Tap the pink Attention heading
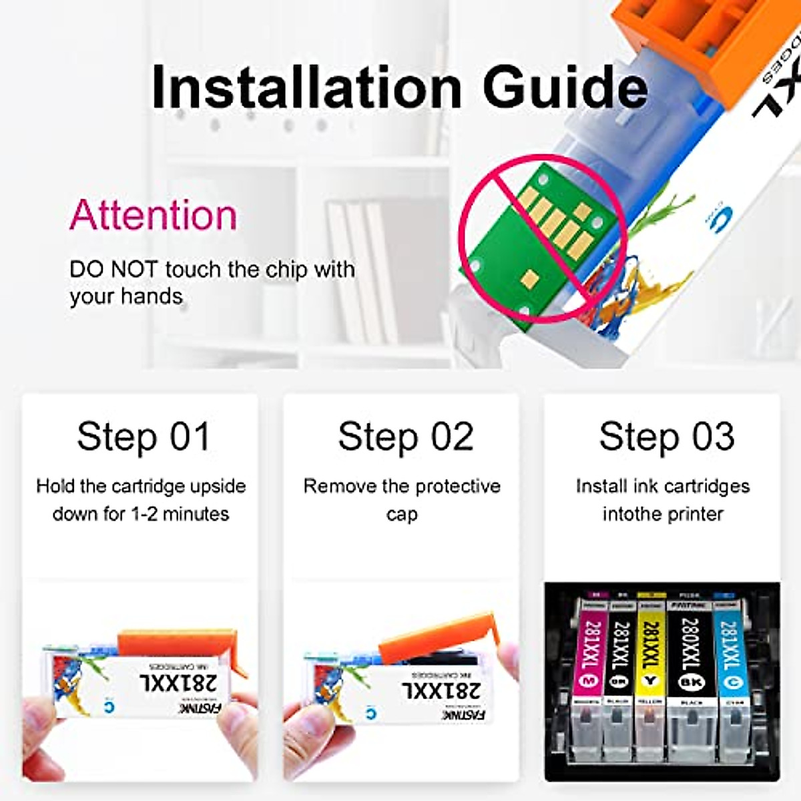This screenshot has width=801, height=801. (154, 215)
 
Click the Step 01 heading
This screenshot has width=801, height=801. (144, 437)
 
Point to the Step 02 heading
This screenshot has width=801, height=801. (405, 437)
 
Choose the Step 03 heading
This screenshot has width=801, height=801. (666, 437)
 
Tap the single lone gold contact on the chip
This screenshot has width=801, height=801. (532, 277)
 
